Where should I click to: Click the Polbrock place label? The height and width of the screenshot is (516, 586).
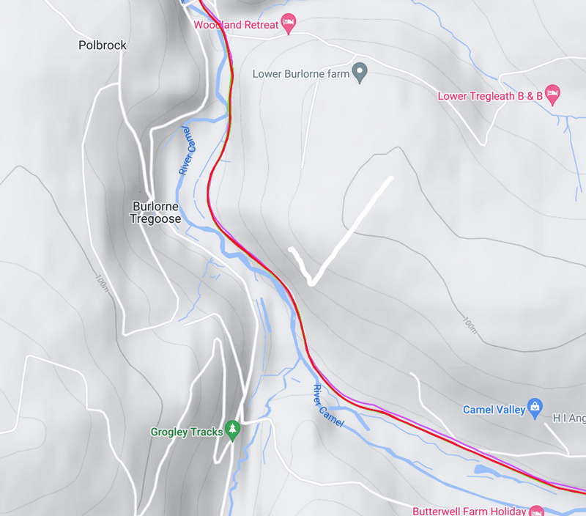(x=103, y=45)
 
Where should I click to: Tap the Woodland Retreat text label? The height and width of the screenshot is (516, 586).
(x=236, y=25)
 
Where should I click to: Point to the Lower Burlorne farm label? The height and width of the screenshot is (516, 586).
(x=301, y=74)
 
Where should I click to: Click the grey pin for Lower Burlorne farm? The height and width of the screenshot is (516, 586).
(x=360, y=73)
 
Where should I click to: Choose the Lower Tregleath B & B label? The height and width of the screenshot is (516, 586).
(x=489, y=96)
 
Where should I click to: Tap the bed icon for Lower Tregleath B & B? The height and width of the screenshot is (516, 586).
(x=553, y=94)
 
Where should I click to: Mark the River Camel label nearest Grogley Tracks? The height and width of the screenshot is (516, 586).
(x=328, y=406)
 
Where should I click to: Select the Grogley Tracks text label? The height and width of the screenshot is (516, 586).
(x=187, y=432)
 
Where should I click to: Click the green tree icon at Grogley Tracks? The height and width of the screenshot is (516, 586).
(x=233, y=430)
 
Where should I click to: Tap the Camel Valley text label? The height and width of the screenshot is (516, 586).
(x=494, y=410)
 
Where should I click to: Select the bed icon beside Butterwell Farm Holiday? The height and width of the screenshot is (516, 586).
(x=536, y=510)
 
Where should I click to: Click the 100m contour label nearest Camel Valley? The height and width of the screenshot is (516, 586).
(x=469, y=324)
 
